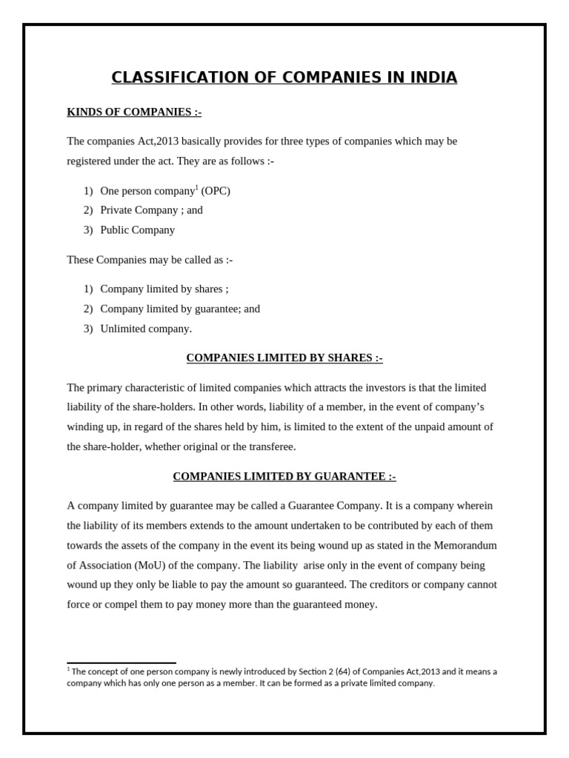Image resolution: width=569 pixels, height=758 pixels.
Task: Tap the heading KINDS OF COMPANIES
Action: click(134, 112)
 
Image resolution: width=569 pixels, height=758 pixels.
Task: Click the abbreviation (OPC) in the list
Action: click(216, 191)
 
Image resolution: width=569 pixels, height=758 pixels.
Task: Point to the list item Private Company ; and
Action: click(151, 210)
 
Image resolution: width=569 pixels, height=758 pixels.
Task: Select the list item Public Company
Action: click(138, 229)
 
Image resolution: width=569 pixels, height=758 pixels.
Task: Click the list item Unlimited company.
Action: click(146, 329)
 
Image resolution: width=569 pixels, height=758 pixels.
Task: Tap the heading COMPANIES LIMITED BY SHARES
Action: click(284, 358)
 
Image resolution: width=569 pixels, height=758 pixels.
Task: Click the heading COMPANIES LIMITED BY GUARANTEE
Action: click(284, 477)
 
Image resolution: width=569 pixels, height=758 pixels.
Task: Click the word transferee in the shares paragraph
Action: click(271, 447)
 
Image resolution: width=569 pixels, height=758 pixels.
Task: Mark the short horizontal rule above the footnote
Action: click(122, 663)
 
